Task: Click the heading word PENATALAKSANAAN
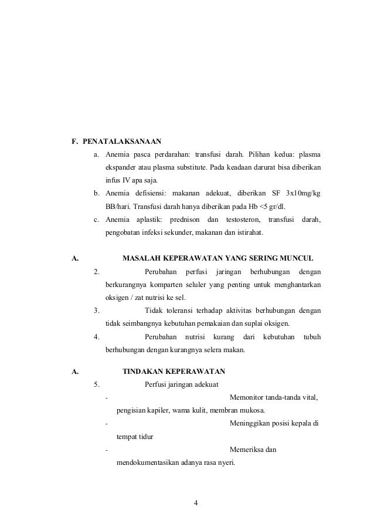(123, 141)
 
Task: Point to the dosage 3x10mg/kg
(301, 193)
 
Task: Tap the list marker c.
(96, 220)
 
